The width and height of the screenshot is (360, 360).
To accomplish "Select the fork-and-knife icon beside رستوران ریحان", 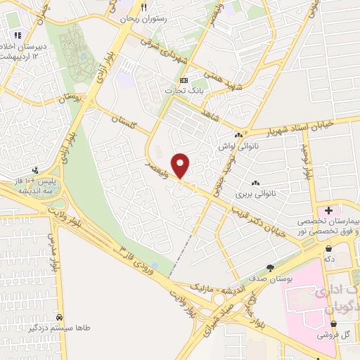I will tap(144, 6).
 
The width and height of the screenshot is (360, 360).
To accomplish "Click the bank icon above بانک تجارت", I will tap(184, 79).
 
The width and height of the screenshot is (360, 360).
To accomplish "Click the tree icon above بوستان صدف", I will tap(270, 268).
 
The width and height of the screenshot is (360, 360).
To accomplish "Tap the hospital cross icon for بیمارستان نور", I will tap(328, 210).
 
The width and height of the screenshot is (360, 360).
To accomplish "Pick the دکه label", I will tap(328, 259).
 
